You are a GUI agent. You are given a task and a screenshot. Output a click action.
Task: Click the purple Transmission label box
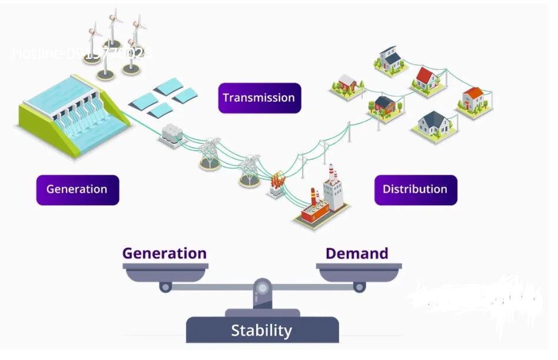pos(259,98)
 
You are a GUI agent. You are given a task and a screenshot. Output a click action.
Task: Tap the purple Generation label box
pos(77,189)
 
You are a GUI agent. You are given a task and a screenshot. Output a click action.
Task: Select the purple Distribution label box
pos(415,189)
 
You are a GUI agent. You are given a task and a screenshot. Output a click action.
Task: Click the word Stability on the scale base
pos(261,331)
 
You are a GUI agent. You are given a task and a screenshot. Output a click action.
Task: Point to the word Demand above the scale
pos(357,254)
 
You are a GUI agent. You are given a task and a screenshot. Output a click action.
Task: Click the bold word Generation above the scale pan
pos(164,254)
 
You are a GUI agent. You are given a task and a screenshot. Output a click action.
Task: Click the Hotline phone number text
pos(81,54)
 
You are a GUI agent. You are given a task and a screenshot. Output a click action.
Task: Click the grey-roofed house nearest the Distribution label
pos(434,123)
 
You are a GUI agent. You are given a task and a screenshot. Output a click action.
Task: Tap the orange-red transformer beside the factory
pos(277,185)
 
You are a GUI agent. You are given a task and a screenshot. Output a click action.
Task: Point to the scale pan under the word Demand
pos(358,272)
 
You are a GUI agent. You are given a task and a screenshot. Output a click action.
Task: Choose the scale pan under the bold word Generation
pos(165,272)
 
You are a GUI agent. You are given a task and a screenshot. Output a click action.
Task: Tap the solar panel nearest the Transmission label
pos(185,95)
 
